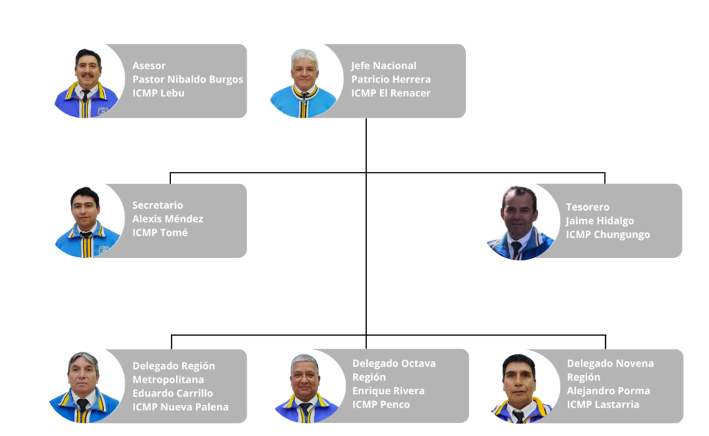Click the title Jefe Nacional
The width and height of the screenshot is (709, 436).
pyautogui.click(x=384, y=66)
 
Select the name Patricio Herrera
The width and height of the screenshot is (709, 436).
pyautogui.click(x=391, y=79)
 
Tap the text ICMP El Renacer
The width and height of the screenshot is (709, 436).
pyautogui.click(x=391, y=93)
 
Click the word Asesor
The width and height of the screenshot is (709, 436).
pyautogui.click(x=149, y=66)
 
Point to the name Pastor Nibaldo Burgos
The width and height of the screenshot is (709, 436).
pyautogui.click(x=188, y=79)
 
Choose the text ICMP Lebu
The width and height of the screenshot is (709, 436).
pyautogui.click(x=159, y=93)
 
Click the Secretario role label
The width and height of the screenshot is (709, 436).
pyautogui.click(x=157, y=205)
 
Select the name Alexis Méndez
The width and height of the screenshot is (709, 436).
pyautogui.click(x=168, y=218)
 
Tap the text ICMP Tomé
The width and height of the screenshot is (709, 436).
pyautogui.click(x=160, y=232)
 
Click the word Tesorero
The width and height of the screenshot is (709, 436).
pyautogui.click(x=587, y=207)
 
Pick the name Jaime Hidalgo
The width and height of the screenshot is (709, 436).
pyautogui.click(x=600, y=221)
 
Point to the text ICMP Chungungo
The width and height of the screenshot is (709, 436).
pyautogui.click(x=608, y=234)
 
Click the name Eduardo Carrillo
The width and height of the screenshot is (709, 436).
pyautogui.click(x=172, y=393)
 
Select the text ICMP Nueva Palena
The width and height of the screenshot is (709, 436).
pyautogui.click(x=180, y=407)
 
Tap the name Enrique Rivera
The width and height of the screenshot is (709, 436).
pyautogui.click(x=388, y=391)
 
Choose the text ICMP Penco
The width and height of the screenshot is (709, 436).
pyautogui.click(x=382, y=404)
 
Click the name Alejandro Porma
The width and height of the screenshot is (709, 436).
pyautogui.click(x=608, y=391)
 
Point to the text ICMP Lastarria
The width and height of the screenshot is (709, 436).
pyautogui.click(x=603, y=404)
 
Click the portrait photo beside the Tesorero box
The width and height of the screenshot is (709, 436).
pyautogui.click(x=521, y=223)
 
